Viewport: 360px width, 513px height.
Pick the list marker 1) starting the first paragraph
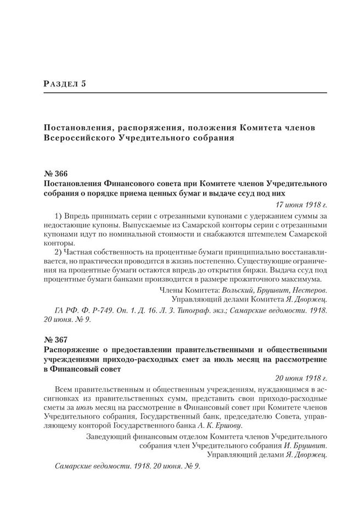[61, 214]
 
